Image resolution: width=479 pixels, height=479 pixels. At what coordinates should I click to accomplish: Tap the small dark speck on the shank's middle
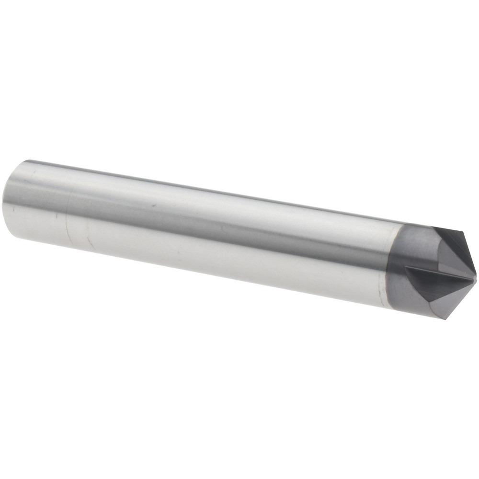coord(153,205)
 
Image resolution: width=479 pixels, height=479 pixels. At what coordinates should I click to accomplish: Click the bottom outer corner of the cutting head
coord(446,319)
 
